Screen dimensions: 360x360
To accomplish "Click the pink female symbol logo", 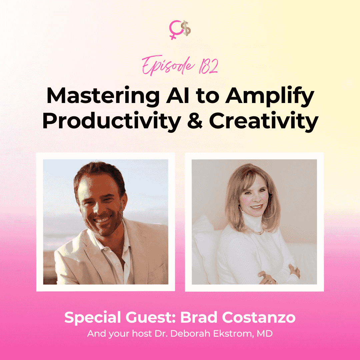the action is click(174, 29).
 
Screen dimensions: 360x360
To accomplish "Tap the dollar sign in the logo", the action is click(186, 28).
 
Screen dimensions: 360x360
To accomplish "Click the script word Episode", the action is click(168, 65).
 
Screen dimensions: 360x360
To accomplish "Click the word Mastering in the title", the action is click(103, 96).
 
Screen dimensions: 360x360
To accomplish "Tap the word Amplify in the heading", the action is click(270, 96).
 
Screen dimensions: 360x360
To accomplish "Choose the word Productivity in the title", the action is click(112, 121).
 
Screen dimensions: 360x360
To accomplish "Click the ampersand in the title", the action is click(195, 120).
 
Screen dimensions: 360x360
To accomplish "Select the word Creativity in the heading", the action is click(264, 121).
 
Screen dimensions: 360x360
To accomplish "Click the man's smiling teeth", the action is click(102, 220).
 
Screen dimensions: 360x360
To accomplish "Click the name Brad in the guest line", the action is click(199, 318).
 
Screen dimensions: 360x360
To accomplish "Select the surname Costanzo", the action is click(259, 318).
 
